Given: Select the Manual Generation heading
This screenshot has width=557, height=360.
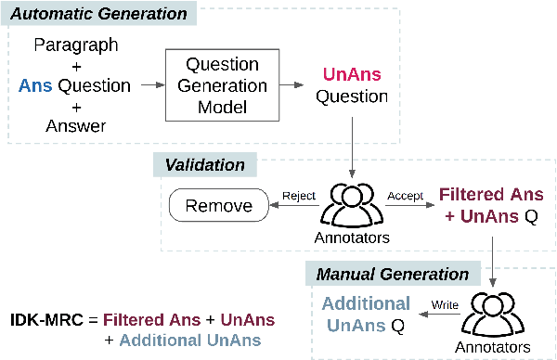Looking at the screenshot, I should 393,274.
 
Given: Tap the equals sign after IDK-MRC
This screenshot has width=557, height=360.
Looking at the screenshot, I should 91,319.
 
